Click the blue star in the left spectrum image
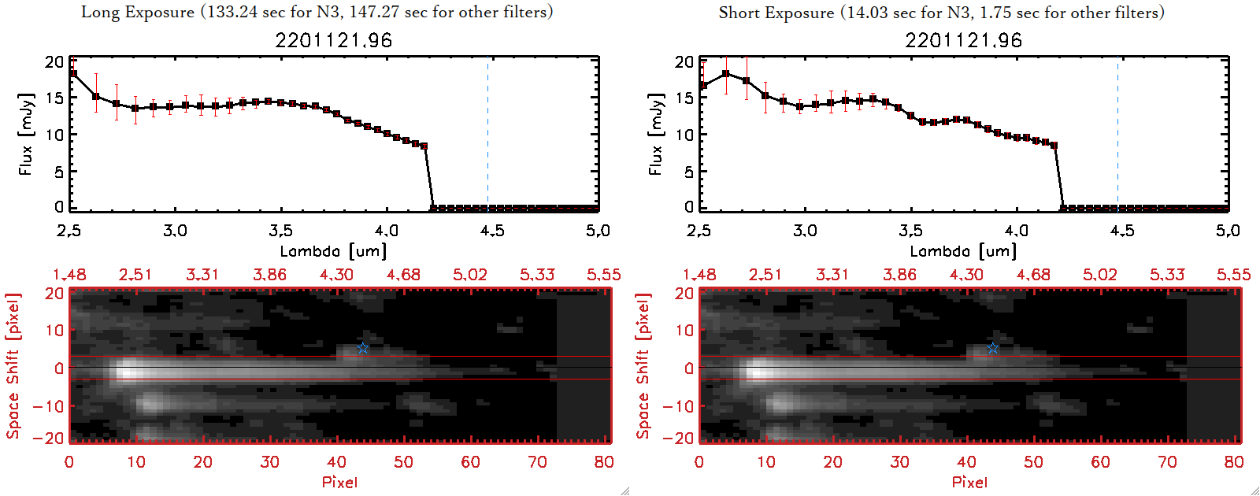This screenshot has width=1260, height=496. click(x=362, y=348)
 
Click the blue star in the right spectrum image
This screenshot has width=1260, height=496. click(x=993, y=348)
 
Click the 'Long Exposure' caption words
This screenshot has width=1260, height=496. click(x=138, y=12)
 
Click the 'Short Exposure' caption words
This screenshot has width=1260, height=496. click(x=776, y=13)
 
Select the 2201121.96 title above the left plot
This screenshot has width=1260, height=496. click(x=333, y=40)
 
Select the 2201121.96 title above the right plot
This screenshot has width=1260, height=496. click(x=963, y=40)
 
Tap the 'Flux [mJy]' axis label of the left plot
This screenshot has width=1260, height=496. click(x=26, y=135)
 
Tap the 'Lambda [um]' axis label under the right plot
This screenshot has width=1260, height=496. click(x=963, y=251)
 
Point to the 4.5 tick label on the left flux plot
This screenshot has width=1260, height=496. click(x=492, y=231)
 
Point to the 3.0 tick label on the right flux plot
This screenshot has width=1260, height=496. click(x=805, y=231)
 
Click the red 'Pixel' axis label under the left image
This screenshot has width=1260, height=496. click(x=339, y=482)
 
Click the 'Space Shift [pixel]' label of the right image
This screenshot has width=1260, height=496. click(x=643, y=366)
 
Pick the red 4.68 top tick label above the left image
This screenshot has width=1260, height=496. click(x=403, y=275)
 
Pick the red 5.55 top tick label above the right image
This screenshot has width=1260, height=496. click(x=1233, y=275)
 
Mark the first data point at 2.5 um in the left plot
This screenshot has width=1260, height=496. click(x=73, y=74)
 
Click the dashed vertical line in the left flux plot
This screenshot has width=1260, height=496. click(x=487, y=134)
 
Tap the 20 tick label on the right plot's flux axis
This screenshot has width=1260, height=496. click(x=684, y=61)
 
